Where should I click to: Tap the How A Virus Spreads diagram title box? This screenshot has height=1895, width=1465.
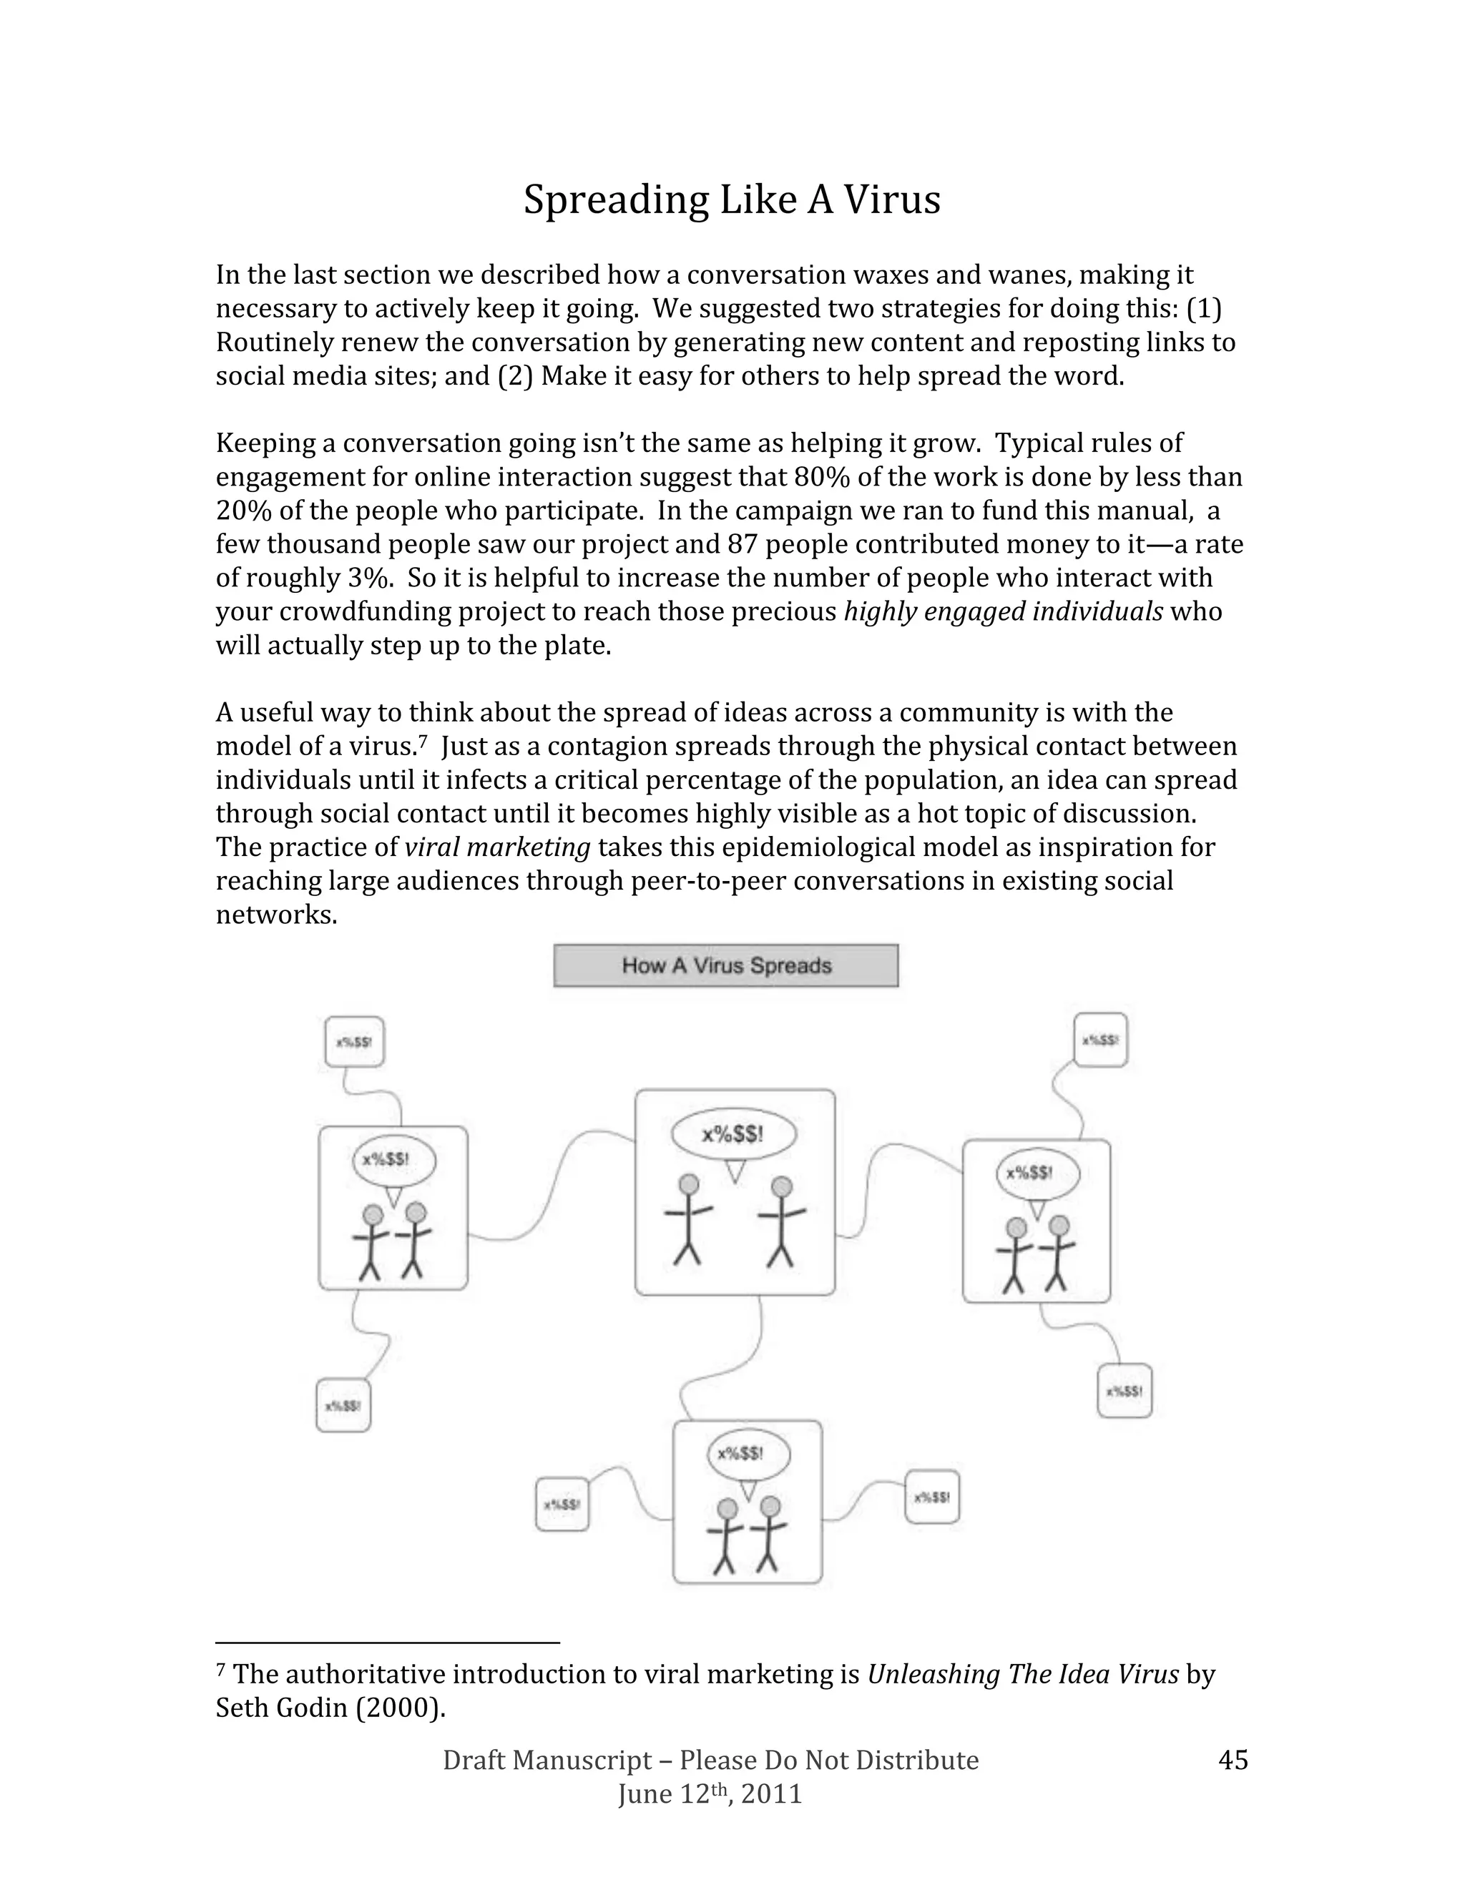pos(725,965)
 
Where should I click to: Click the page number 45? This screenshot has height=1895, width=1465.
pos(1233,1760)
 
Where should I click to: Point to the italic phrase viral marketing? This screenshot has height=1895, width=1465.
pos(497,847)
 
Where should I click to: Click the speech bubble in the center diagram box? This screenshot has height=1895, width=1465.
pos(733,1134)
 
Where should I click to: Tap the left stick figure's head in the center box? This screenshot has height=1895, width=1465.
pos(689,1184)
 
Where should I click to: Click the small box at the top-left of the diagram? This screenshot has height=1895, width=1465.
pos(354,1041)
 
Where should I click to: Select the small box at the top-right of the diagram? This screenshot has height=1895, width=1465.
pos(1099,1040)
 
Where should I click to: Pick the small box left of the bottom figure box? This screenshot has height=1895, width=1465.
pos(562,1505)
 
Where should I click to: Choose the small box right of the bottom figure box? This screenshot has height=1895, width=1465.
pos(931,1497)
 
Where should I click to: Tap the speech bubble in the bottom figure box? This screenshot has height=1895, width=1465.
pos(748,1453)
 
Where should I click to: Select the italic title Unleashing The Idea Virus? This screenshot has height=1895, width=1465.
pos(1022,1675)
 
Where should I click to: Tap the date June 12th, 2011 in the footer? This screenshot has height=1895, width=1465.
pos(709,1794)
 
